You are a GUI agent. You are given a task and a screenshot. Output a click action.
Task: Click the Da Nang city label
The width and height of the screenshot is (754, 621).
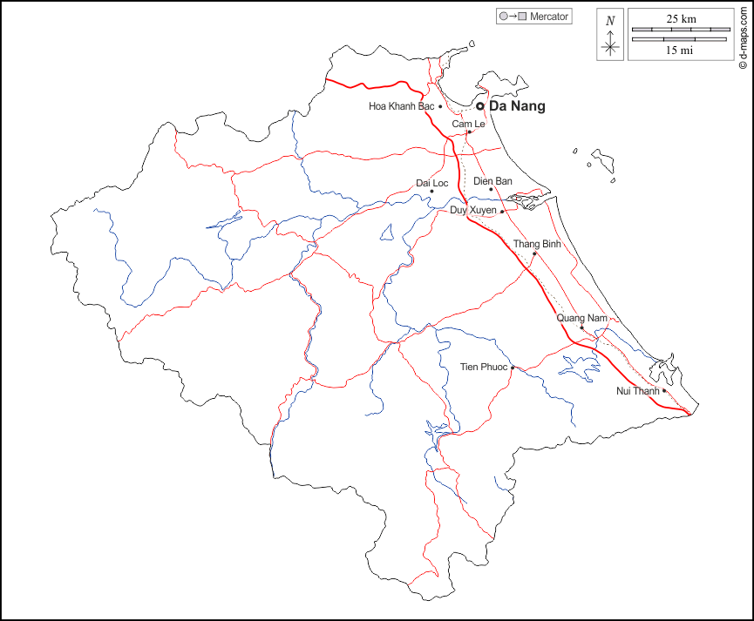point(518,106)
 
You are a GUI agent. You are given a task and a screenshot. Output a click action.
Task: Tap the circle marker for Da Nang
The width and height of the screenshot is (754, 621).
point(479,106)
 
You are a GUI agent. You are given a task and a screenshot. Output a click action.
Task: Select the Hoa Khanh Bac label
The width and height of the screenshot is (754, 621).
point(401,106)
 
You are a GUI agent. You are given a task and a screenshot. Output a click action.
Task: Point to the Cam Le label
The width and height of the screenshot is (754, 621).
point(468,125)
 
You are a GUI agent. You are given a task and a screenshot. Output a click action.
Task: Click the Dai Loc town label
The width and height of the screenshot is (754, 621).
point(431,183)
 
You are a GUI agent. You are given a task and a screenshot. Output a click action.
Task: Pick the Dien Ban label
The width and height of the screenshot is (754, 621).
point(492,181)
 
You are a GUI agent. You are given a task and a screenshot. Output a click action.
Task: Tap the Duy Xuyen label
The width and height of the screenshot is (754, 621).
point(472,211)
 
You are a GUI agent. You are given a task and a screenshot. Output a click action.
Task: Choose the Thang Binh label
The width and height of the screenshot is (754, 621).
point(537,244)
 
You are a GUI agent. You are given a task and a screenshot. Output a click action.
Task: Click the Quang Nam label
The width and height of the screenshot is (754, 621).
point(581,318)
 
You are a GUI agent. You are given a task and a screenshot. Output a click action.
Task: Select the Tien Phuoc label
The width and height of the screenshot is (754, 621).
point(483,368)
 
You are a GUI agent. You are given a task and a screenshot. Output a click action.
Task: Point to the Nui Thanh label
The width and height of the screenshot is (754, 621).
point(638,391)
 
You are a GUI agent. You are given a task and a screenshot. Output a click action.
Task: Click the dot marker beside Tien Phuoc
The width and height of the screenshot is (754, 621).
point(513,368)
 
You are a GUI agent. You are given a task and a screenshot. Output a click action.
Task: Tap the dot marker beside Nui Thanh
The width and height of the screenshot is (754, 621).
point(664,391)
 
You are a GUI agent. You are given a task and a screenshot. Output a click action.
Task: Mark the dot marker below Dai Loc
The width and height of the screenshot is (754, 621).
point(431,192)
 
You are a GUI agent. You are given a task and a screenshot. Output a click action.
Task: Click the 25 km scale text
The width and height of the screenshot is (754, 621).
point(681,18)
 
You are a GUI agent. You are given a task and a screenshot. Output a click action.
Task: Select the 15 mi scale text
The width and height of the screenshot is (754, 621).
point(680,51)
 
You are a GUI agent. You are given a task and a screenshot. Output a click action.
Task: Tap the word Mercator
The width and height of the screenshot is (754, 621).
point(549,16)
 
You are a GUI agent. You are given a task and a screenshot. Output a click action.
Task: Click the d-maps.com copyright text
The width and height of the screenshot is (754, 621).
point(743,36)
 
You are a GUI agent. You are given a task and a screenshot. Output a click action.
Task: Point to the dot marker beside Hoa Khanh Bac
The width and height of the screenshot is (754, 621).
point(440,106)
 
